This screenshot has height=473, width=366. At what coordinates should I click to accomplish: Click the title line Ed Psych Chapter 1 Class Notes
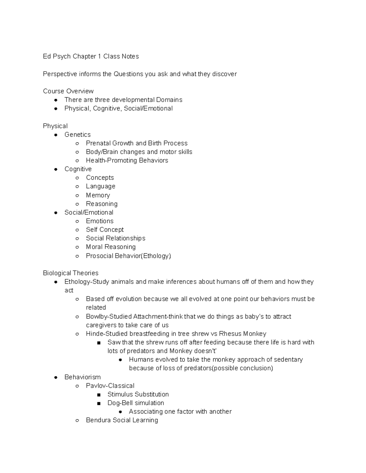[x=91, y=56]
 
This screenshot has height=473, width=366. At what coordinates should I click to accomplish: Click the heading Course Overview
[x=68, y=91]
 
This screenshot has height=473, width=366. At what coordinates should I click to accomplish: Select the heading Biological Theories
[x=70, y=273]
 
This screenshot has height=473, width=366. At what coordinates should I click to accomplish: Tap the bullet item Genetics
[x=77, y=135]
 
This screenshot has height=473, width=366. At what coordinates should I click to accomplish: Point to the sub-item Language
[x=100, y=186]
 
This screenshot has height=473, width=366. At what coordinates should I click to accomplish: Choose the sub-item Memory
[x=98, y=195]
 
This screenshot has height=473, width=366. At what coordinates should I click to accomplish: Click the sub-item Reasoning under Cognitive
[x=102, y=204]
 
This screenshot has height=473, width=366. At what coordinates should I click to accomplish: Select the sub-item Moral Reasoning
[x=111, y=247]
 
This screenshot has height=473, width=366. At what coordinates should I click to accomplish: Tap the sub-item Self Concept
[x=105, y=230]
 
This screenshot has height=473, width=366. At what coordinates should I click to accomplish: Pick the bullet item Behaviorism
[x=82, y=377]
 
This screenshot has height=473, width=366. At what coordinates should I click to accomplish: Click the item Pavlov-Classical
[x=110, y=386]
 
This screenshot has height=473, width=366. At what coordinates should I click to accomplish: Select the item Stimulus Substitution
[x=138, y=394]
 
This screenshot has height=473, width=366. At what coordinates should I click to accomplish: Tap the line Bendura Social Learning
[x=122, y=420]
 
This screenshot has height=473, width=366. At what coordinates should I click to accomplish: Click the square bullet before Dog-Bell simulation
[x=99, y=403]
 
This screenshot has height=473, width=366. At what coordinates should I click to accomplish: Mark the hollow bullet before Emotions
[x=77, y=221]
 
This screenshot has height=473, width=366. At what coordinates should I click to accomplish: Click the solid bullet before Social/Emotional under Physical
[x=56, y=213]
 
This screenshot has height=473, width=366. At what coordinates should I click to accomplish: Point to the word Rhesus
[x=230, y=334]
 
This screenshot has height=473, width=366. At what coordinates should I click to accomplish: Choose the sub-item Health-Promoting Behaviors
[x=127, y=160]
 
